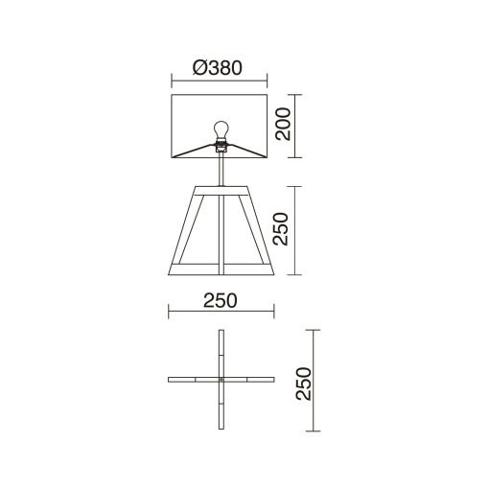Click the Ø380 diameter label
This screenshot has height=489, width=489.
point(218,68)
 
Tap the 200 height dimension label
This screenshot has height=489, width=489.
point(284,124)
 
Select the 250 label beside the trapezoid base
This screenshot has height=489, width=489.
point(281,229)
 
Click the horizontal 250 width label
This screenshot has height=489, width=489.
point(221,300)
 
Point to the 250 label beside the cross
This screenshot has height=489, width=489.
point(304,384)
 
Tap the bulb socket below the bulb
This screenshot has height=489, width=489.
point(221,146)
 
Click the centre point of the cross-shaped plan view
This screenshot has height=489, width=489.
point(221,380)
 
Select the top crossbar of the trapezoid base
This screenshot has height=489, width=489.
point(221,191)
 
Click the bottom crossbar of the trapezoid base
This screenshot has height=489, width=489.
point(221,269)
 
